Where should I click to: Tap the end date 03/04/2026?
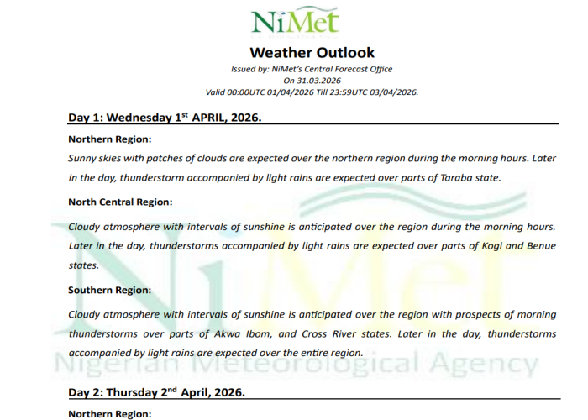coord(387,92)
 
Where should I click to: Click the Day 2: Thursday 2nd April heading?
coord(156,392)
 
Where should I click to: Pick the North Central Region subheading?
coord(120,202)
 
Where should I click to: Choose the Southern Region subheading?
coord(109,290)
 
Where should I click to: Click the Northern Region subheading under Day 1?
coord(109,139)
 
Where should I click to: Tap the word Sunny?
coord(83,158)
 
